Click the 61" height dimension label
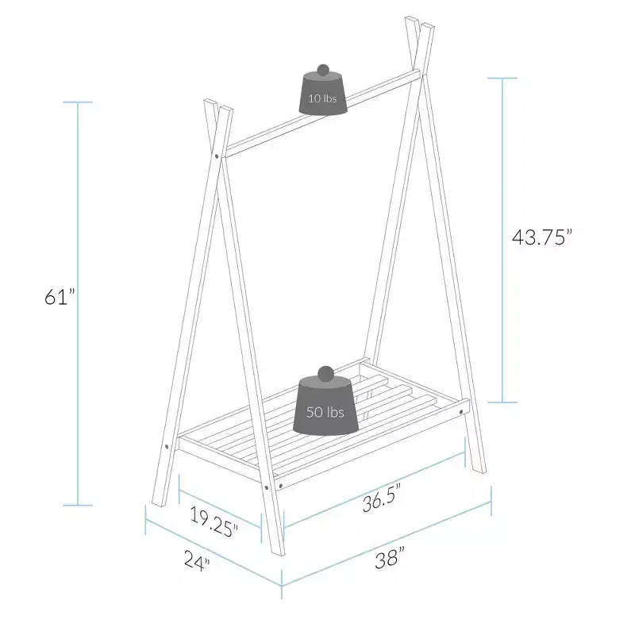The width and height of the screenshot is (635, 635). pos(60,297)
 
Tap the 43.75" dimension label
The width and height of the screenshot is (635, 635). pos(542,237)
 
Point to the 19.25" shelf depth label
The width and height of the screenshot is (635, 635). pos(214,521)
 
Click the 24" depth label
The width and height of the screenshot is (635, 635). pos(197,560)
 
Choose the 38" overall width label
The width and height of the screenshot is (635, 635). pos(390,557)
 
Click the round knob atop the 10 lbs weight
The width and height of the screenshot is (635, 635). pos(323,70)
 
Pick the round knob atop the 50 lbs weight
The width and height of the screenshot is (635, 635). pos(325,372)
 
